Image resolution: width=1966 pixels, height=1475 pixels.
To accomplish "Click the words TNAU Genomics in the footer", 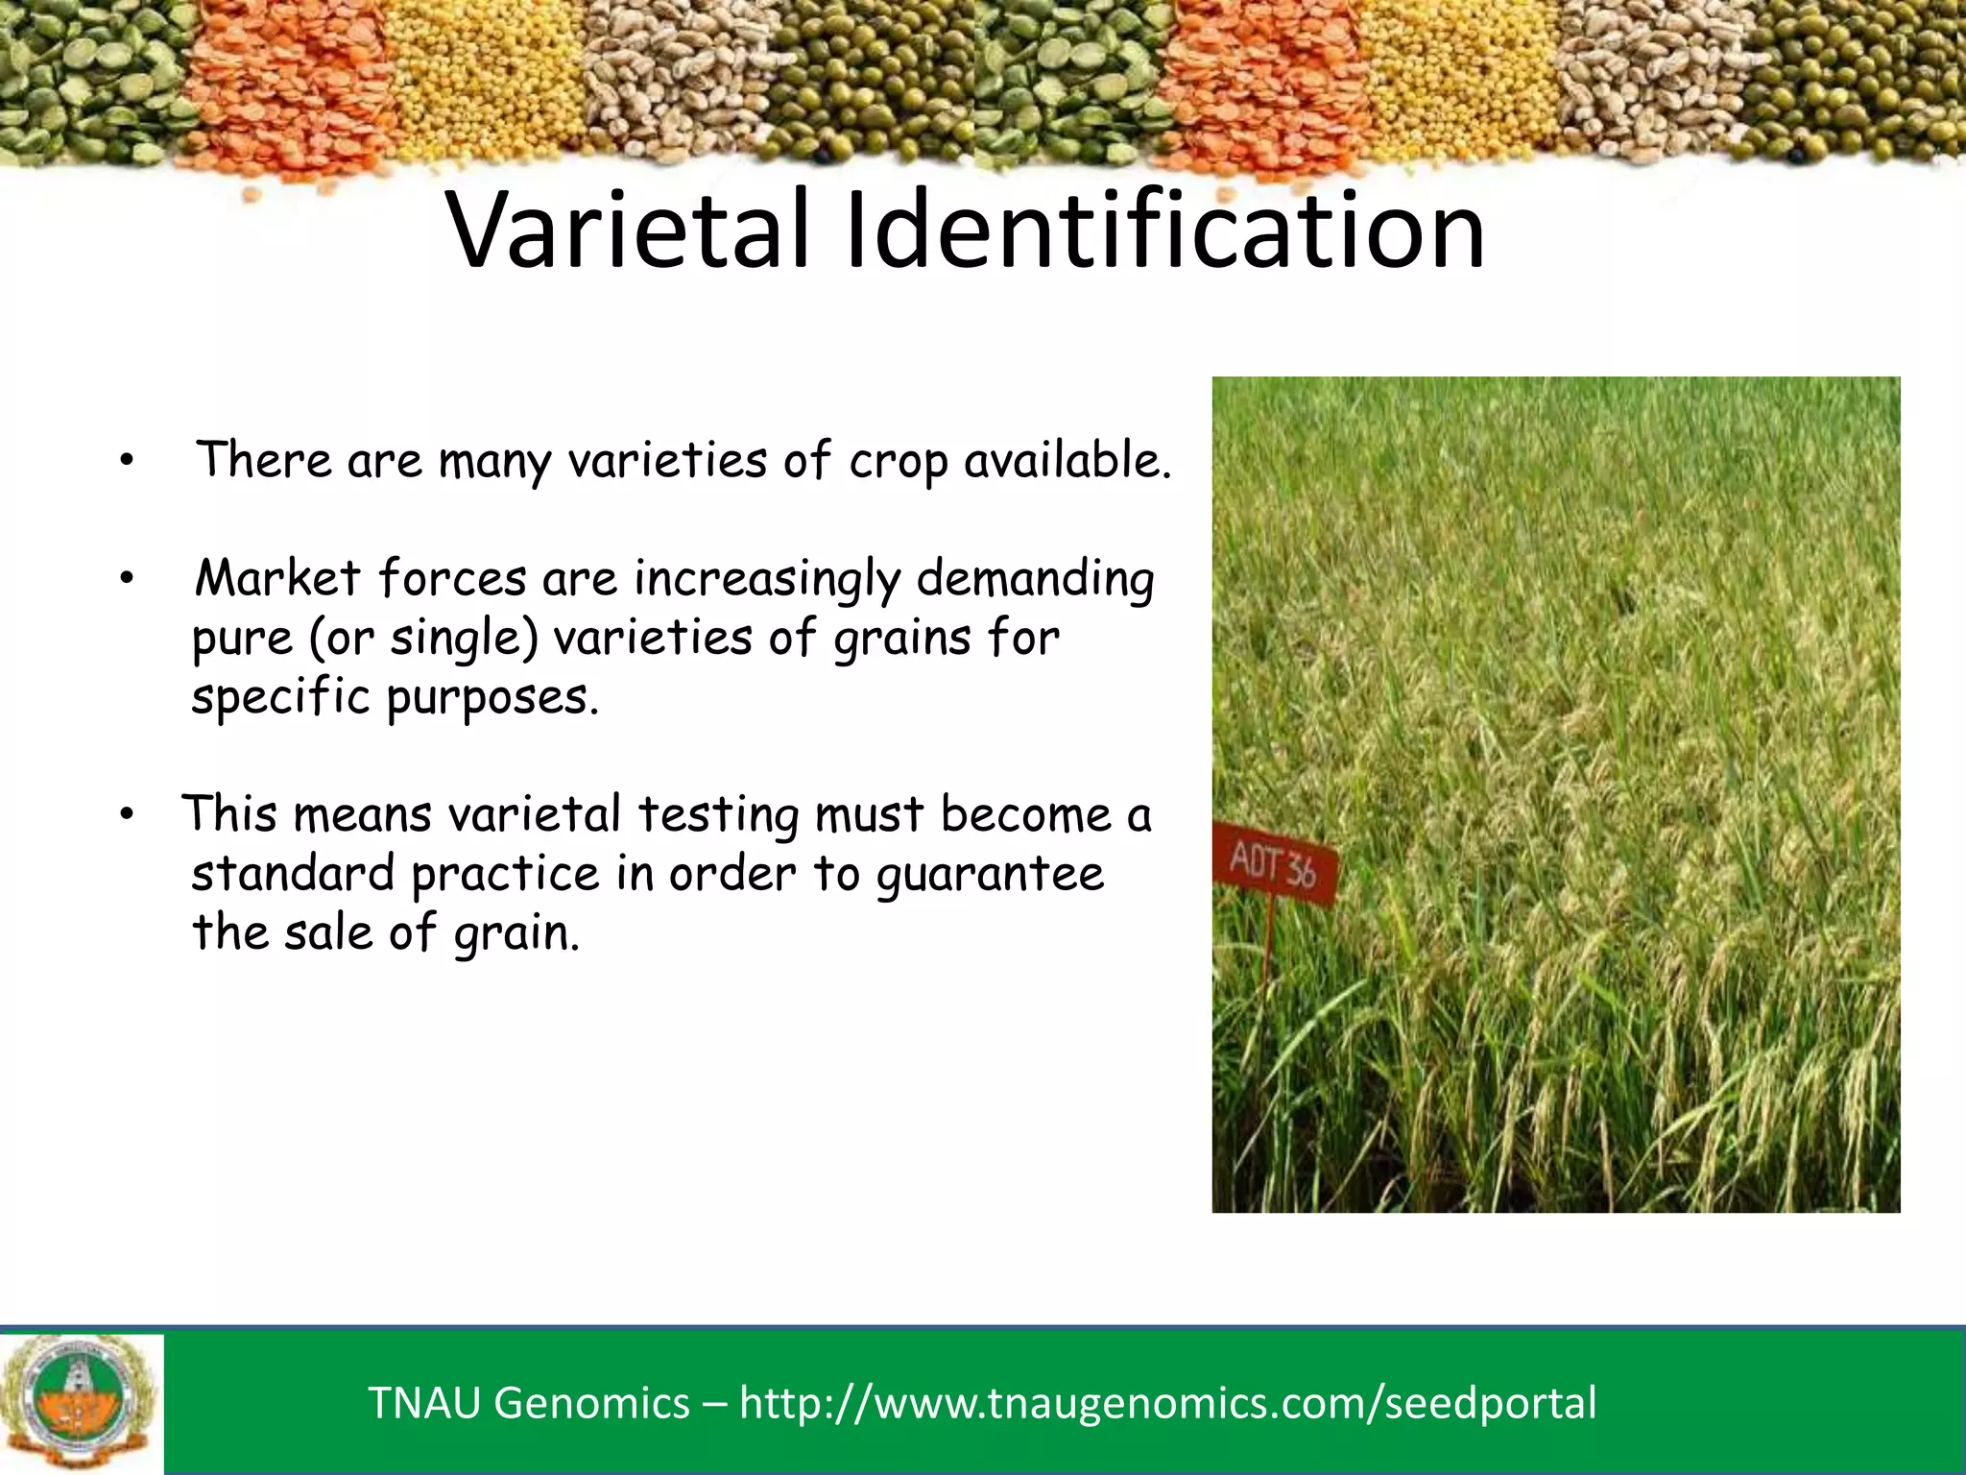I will [529, 1403].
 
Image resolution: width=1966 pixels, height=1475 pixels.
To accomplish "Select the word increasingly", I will [766, 580].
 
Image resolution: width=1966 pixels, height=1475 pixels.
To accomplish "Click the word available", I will [1067, 460].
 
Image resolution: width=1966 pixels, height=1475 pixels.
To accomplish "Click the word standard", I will [293, 874].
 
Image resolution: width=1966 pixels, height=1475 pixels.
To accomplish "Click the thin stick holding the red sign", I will [1270, 951].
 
